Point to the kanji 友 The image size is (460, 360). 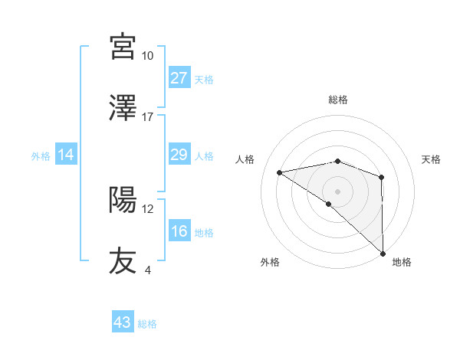[x=123, y=260]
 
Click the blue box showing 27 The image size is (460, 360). [x=179, y=78]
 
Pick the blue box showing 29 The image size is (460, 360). [x=179, y=155]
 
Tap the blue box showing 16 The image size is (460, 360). [x=179, y=232]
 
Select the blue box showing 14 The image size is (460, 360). [x=66, y=155]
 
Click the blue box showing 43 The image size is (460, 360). [x=123, y=322]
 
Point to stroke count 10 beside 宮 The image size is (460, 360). [x=147, y=56]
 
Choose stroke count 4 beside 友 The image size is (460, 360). [x=147, y=270]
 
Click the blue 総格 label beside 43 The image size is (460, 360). [x=147, y=324]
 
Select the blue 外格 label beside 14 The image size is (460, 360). [x=41, y=156]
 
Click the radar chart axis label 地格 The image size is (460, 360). [x=402, y=262]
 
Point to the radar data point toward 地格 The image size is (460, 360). [x=382, y=253]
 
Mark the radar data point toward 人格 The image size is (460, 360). [x=279, y=172]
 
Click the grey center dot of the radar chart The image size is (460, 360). [x=337, y=190]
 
